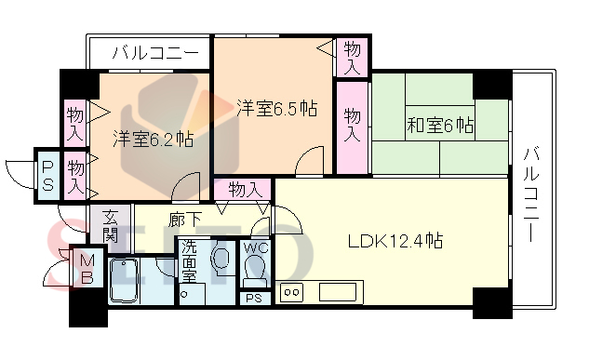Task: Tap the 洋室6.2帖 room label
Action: tap(153, 139)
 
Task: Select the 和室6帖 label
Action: tap(438, 125)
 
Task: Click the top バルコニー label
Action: tap(154, 53)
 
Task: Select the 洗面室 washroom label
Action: tap(189, 262)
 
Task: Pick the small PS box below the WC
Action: tap(253, 299)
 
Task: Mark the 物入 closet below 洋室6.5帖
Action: tap(244, 190)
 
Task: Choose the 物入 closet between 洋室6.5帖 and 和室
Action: tap(353, 125)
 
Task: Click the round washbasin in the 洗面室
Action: tap(222, 259)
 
